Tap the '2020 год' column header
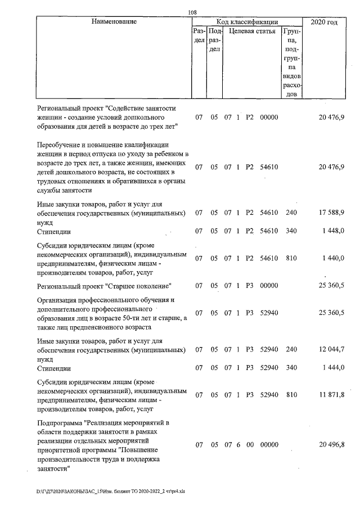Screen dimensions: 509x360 (324, 22)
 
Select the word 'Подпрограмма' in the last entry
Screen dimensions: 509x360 (60, 422)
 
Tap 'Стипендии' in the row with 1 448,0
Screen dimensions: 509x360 (54, 232)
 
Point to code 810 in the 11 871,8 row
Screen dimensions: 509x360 (291, 395)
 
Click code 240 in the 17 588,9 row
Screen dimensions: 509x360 (291, 214)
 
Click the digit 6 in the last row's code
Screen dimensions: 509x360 (238, 445)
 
